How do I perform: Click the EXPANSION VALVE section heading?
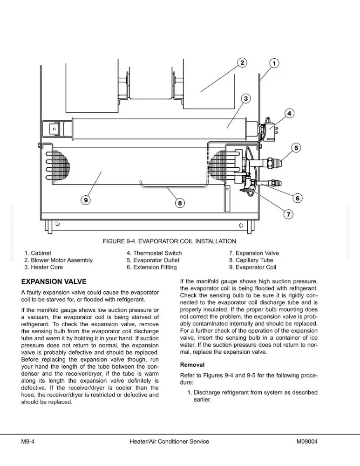coord(54,281)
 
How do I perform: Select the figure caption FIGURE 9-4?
coord(170,241)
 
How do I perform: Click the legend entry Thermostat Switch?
coord(154,253)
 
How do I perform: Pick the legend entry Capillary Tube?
coord(251,260)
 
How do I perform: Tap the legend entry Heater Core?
coord(44,267)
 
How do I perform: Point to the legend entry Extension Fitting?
coord(151,267)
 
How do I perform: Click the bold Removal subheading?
coord(192,365)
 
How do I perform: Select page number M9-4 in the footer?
coord(28,442)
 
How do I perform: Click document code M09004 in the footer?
coord(307,442)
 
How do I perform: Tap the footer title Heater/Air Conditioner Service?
coord(170,442)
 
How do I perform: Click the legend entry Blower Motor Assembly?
coord(59,260)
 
